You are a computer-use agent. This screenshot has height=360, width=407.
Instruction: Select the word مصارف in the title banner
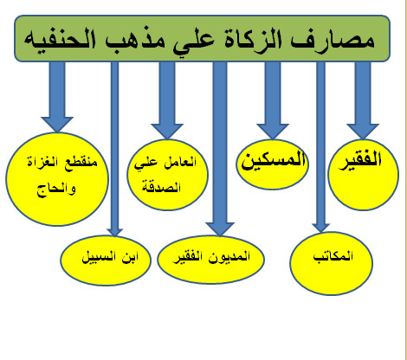333,41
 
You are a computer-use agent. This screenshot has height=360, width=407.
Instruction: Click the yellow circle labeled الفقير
364,175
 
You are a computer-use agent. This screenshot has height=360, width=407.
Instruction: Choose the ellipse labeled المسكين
272,164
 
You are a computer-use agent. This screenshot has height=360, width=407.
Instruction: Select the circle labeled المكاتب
332,263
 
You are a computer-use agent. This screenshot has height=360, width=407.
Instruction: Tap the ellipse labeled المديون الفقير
210,260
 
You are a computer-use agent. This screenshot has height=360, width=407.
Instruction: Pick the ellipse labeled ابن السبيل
106,260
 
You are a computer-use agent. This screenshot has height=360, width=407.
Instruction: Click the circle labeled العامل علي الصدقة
167,175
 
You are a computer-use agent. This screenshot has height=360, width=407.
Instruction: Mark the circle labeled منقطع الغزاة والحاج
57,179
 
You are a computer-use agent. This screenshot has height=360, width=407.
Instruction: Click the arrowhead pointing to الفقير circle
363,132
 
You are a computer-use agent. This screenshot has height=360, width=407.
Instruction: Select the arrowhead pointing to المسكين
273,132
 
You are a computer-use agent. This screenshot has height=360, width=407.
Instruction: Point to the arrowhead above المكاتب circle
320,228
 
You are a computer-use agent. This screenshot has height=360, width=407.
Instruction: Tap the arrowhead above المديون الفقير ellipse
220,229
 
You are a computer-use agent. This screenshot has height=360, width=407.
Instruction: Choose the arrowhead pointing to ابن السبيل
114,233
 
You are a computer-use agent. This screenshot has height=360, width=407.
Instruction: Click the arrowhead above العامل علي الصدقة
167,132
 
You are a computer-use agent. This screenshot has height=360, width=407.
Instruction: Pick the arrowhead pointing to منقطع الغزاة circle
57,125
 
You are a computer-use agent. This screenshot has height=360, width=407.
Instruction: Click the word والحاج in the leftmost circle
56,190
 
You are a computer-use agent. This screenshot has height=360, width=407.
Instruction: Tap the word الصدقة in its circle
161,187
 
